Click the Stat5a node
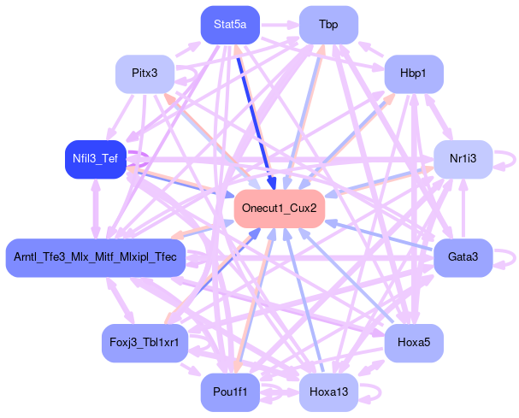tap(230, 25)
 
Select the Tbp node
tap(327, 25)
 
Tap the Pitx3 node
tap(144, 73)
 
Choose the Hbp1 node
tap(413, 74)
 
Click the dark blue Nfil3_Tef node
tap(95, 159)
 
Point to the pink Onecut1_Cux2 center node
tap(279, 209)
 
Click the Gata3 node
tap(462, 257)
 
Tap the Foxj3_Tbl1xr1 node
tap(144, 343)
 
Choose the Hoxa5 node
tap(413, 343)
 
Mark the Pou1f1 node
tap(230, 392)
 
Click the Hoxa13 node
tap(327, 392)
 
